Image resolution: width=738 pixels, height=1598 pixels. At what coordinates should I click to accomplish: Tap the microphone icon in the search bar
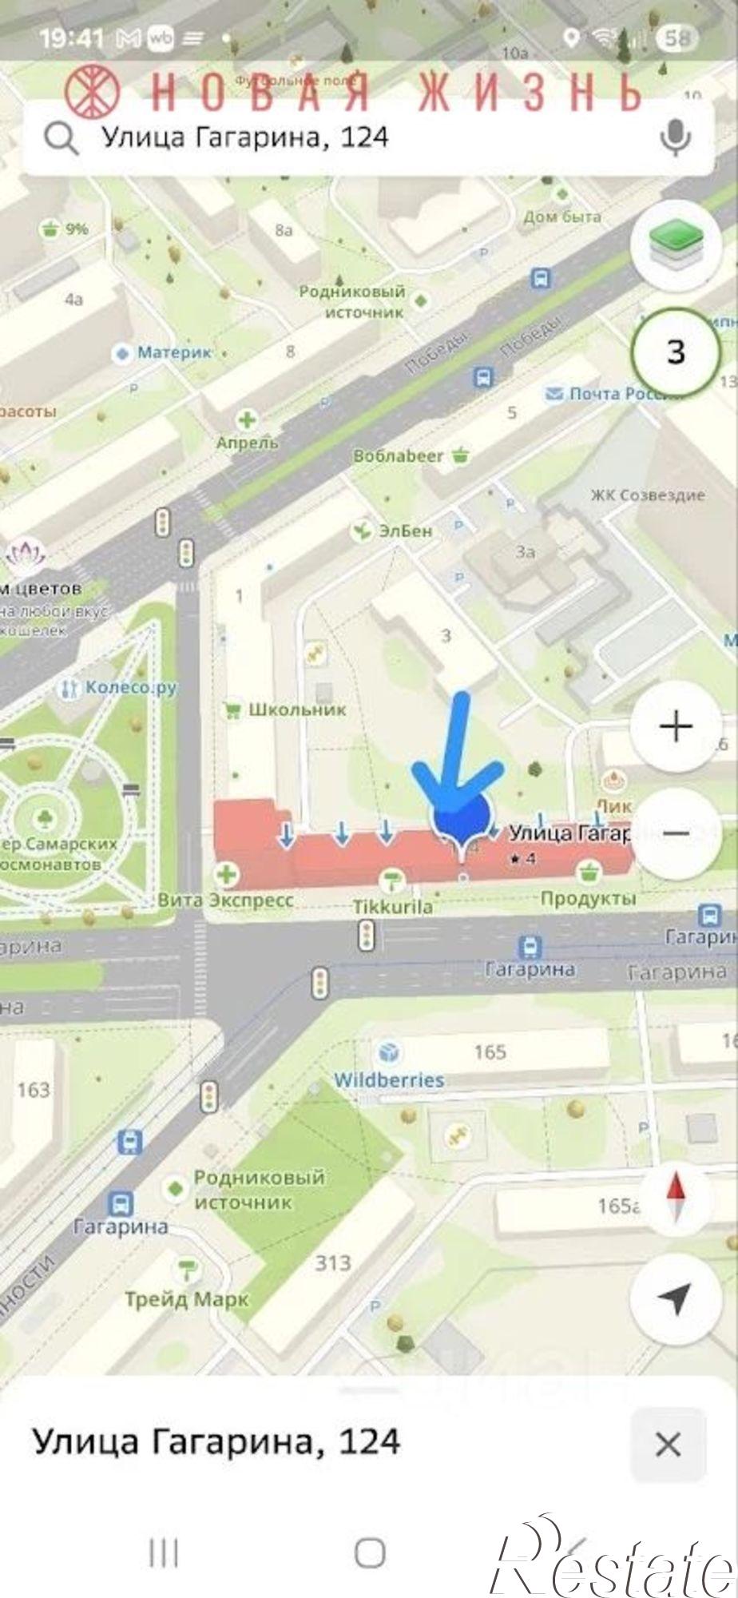[x=675, y=137]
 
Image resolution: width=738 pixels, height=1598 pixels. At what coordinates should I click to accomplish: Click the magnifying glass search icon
[x=61, y=138]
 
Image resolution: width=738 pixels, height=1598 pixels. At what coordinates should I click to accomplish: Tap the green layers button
[x=676, y=244]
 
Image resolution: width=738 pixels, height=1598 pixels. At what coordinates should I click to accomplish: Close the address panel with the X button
[x=668, y=1445]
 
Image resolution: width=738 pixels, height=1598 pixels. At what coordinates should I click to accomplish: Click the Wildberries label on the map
[x=389, y=1079]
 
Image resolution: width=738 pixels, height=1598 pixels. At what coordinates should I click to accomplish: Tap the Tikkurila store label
[x=393, y=906]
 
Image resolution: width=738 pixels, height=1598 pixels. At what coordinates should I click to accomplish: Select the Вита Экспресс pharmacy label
[x=226, y=900]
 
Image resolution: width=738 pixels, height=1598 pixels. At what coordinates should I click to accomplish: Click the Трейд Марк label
[x=187, y=1300]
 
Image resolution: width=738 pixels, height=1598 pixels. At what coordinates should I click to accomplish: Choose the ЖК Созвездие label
[x=648, y=495]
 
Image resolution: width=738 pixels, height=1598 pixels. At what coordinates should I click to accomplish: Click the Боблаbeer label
[x=399, y=456]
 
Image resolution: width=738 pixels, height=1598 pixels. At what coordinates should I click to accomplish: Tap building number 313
[x=332, y=1262]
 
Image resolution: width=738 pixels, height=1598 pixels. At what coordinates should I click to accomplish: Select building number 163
[x=34, y=1089]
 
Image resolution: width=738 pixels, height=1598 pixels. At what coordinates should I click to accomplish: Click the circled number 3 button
[x=676, y=352]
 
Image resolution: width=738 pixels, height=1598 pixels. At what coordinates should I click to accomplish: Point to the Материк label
[x=174, y=352]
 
